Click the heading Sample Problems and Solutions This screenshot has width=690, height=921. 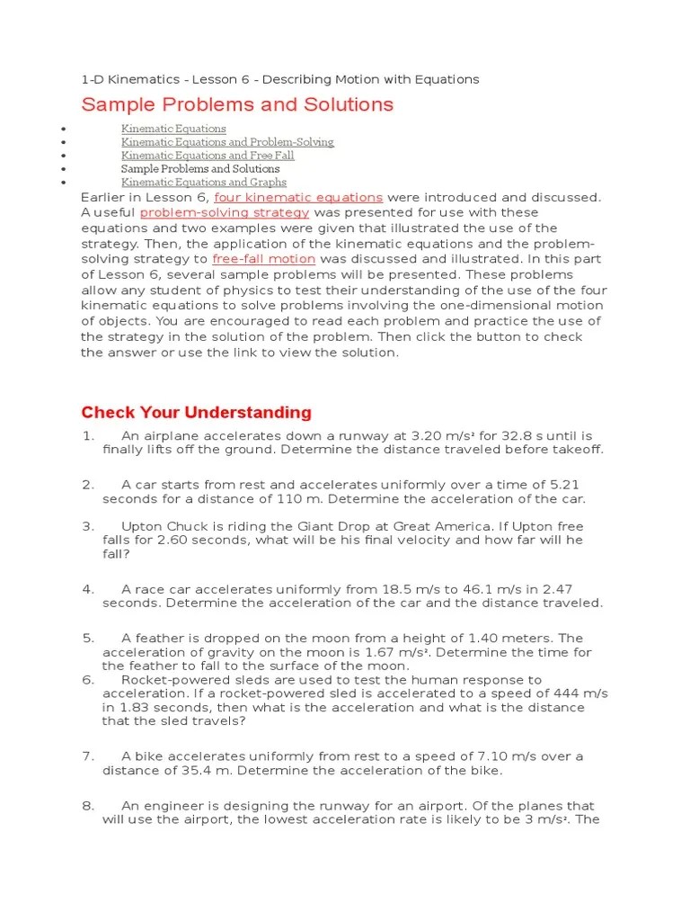tap(237, 104)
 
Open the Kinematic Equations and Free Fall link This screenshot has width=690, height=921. tap(208, 156)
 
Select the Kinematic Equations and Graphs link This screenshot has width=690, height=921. tap(204, 183)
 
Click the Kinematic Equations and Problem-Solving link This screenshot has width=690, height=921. tap(227, 142)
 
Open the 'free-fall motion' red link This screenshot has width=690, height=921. tap(263, 259)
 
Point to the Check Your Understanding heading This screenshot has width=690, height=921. tap(196, 413)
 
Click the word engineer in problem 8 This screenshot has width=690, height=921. tap(173, 806)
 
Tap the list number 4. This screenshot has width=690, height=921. tap(88, 589)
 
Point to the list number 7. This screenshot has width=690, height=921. tap(88, 756)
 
